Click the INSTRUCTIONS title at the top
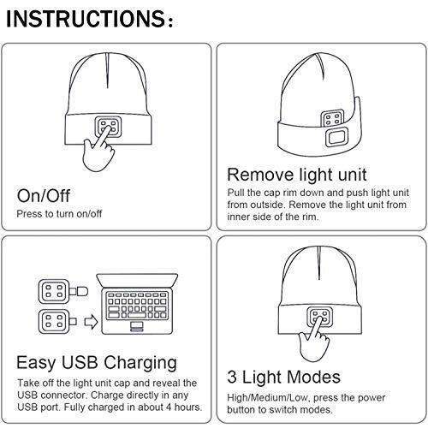coord(89,19)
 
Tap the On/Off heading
coord(44,196)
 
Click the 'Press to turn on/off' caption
coord(59,214)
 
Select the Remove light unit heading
coord(297,175)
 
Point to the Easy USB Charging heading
coord(97,363)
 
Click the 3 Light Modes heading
coord(284,377)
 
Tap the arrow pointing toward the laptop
coord(92,322)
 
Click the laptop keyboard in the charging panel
coord(137,305)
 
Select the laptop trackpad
coord(137,326)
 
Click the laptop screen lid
coord(137,281)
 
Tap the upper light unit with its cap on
coord(63,291)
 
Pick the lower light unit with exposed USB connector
coord(58,322)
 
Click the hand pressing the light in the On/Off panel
coord(98,151)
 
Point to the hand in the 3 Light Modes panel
coord(313,341)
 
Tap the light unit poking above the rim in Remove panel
coord(332,119)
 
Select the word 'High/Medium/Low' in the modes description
coord(267,398)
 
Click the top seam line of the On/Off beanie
coord(108,70)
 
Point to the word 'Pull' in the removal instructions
coord(235,193)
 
